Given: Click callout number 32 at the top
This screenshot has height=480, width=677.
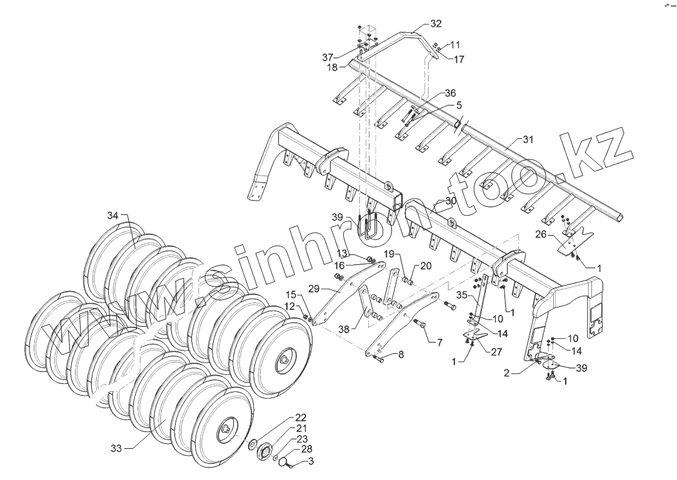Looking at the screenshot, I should coord(436,24).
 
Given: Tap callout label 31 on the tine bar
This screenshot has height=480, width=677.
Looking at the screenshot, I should coord(528,139).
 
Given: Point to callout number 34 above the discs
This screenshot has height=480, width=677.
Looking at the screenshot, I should coord(113,216).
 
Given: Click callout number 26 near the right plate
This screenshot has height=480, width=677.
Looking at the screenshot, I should coord(541,236).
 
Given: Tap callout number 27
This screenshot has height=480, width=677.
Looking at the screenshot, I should coord(496,352).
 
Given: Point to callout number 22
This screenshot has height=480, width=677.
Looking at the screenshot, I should coord(301,417).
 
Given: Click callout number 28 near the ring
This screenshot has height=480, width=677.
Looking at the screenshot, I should coord(306,449).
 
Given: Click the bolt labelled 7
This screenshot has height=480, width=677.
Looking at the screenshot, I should coord(418,324).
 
